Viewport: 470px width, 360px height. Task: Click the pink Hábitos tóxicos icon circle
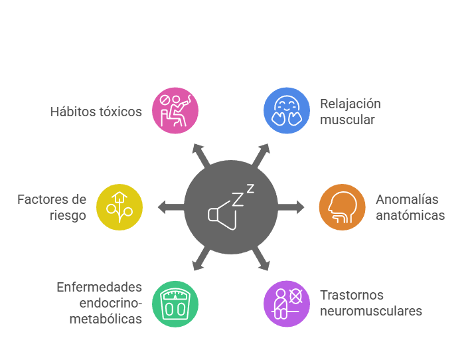coord(175,111)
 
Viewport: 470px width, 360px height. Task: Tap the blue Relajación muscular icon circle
coord(287,111)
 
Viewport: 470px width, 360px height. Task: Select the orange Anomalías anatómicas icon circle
coord(343,207)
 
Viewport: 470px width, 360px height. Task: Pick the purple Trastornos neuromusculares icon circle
coord(287,304)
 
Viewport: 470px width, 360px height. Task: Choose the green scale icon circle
coord(175,304)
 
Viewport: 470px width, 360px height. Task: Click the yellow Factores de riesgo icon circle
coord(119,207)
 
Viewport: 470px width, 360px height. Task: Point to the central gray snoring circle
coord(231,207)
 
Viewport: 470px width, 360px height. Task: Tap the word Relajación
coord(350,104)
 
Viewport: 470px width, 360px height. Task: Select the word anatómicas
coord(409,215)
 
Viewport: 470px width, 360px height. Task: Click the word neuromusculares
coord(371,311)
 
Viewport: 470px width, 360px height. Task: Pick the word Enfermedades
coord(100,287)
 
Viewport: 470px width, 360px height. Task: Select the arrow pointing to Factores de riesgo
coord(169,207)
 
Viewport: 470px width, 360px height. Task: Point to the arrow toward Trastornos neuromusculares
coord(262,261)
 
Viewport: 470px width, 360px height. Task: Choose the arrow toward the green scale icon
coord(200,261)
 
